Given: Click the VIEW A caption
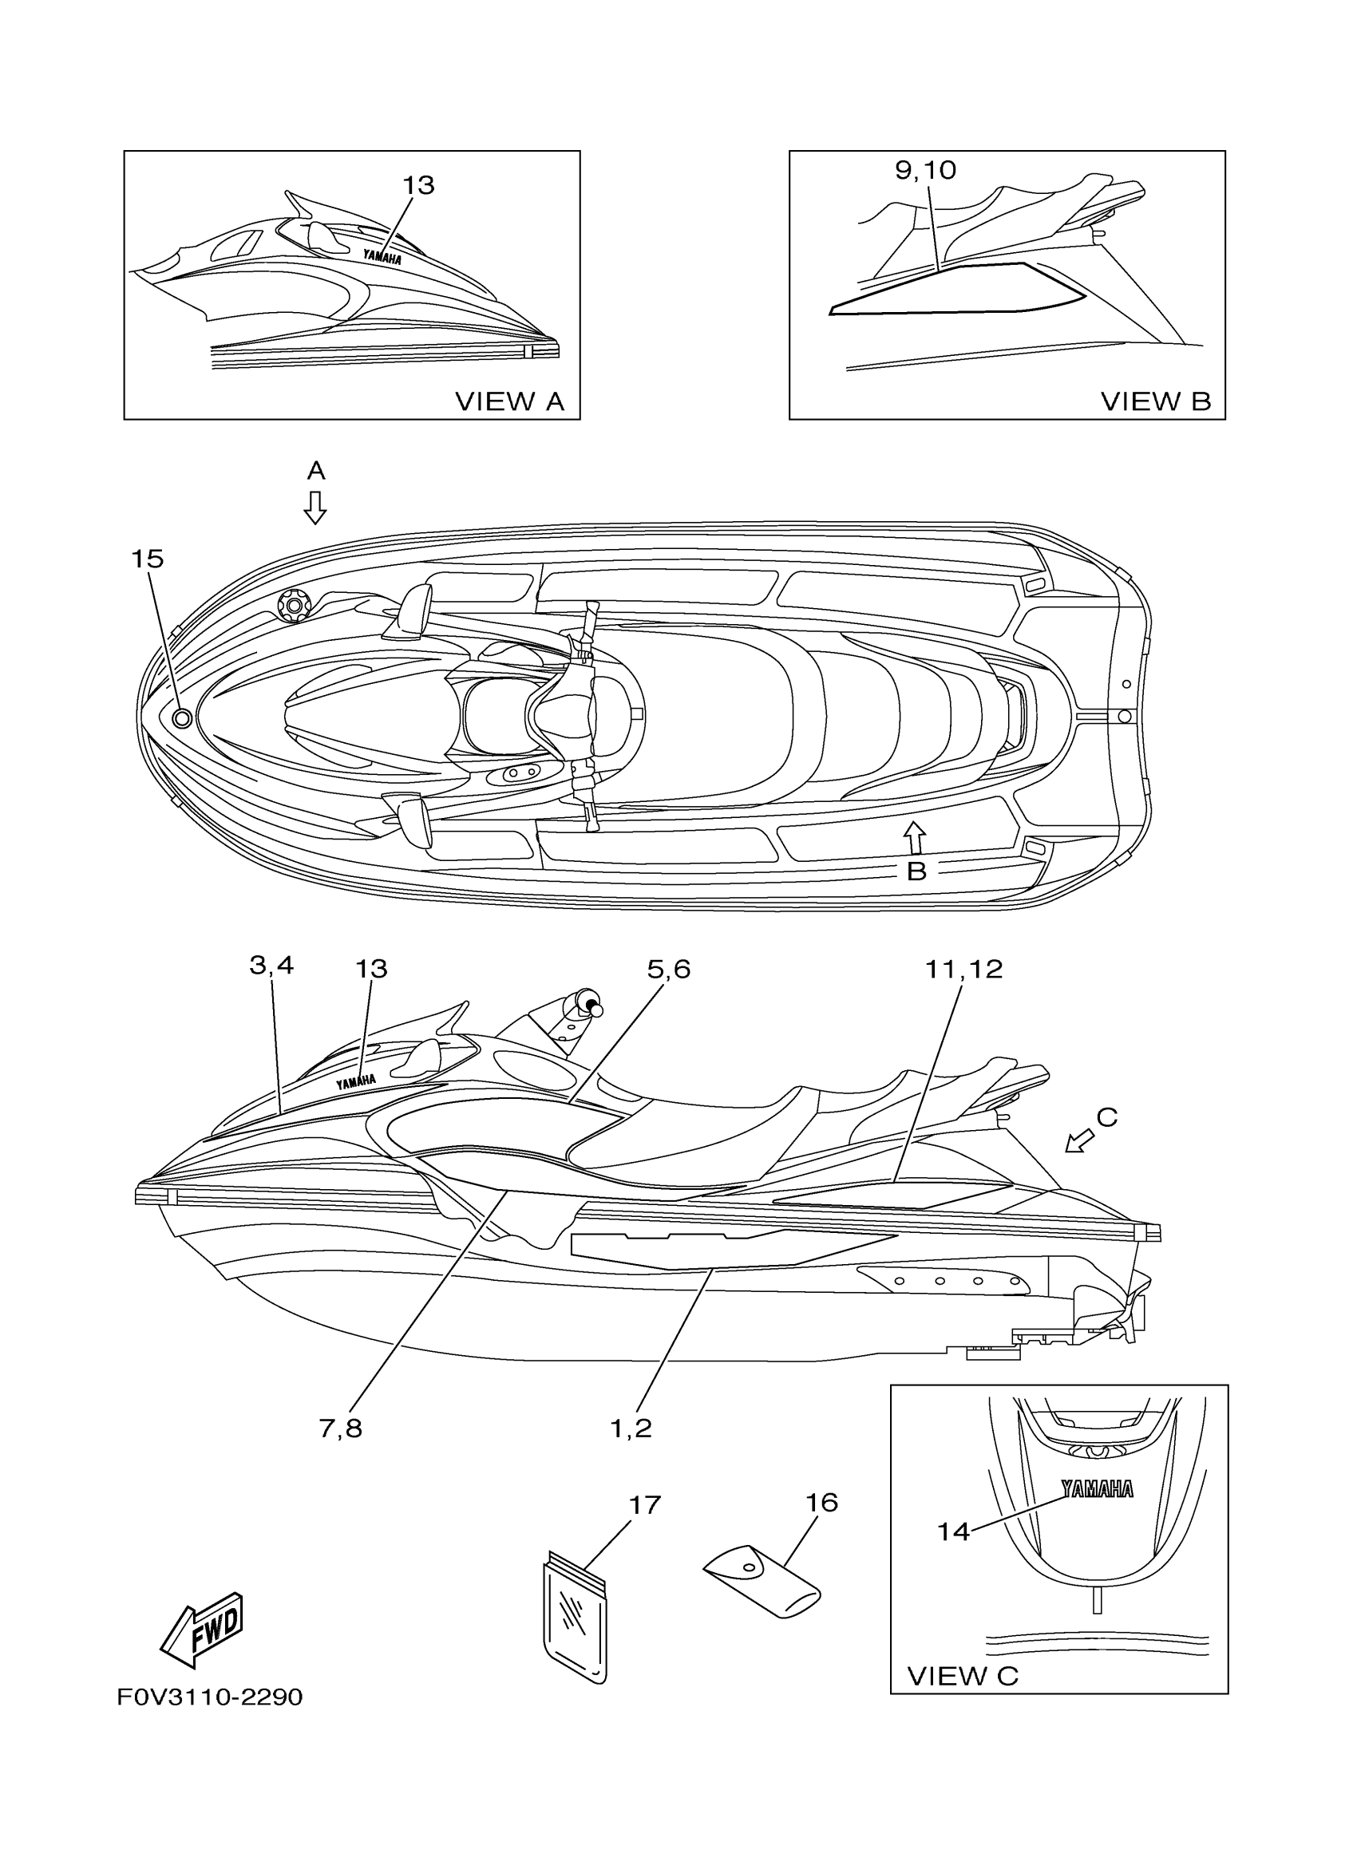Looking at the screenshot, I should point(509,401).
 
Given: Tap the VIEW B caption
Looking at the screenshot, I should point(1156,401).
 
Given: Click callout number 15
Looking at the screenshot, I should point(148,559).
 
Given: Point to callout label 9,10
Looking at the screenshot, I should point(925,170).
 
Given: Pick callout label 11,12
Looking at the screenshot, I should point(963,970).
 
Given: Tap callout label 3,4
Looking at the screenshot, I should point(271,965).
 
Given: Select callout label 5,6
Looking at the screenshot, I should point(668,970).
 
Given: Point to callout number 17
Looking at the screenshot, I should point(645,1505).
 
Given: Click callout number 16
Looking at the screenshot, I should point(822,1502).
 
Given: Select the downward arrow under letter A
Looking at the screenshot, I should point(315,507).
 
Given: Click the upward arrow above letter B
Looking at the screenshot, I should point(913,836).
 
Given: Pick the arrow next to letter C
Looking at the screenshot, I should point(1078,1141).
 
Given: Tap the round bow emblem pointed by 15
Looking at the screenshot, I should point(183,717).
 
